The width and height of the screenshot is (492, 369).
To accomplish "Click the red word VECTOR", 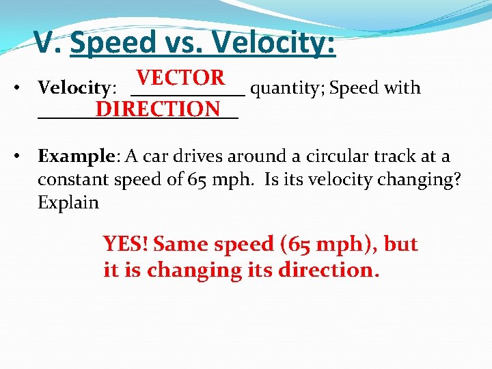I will coord(180,78).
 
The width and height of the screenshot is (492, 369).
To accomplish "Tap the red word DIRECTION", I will coord(158,109).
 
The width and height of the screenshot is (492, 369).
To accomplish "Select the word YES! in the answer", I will coord(127,244).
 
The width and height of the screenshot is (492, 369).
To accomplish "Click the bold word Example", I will coord(75,156).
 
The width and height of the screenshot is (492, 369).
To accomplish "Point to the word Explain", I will coord(68,203).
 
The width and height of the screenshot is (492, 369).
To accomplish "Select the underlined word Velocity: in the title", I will coord(274,42).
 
